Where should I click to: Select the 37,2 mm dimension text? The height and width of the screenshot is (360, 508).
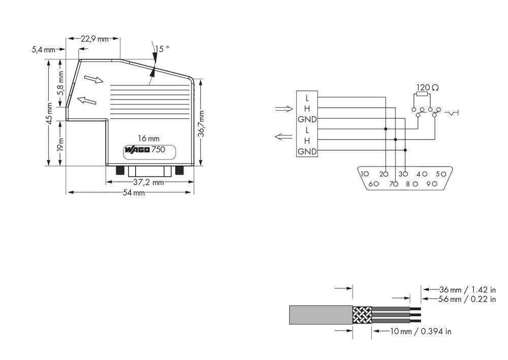tap(148, 182)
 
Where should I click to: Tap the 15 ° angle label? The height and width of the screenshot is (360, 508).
tap(162, 49)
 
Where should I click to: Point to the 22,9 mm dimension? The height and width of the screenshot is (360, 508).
tap(96, 39)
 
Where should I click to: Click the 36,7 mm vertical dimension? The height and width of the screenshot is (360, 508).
tap(201, 124)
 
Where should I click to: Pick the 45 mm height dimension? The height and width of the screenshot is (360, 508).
tap(49, 114)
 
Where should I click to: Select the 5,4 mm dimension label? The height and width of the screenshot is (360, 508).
tap(43, 50)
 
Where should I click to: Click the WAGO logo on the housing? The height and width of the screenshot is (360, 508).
tap(137, 150)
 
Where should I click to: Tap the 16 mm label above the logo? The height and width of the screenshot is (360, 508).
tap(149, 138)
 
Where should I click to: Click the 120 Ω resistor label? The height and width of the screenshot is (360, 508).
tap(427, 88)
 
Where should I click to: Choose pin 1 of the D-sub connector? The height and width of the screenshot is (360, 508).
tap(364, 174)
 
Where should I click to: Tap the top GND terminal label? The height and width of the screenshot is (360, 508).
tap(307, 119)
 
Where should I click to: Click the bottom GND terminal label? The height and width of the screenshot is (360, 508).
tap(307, 151)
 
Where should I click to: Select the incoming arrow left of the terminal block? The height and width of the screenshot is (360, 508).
tap(283, 109)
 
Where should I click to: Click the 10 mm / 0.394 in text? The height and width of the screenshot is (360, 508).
tap(420, 332)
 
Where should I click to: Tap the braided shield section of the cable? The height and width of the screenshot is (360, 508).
tap(362, 315)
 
